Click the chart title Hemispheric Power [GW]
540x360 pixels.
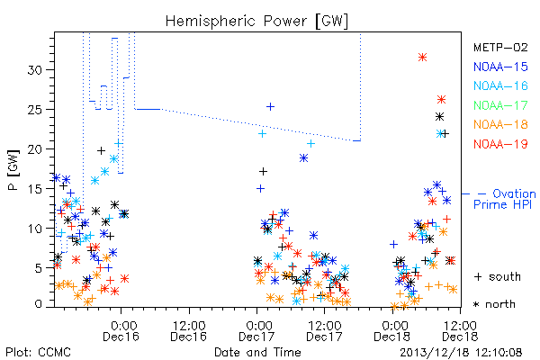[x=256, y=22]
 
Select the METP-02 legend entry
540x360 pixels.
[x=500, y=47]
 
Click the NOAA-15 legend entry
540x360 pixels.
[x=500, y=67]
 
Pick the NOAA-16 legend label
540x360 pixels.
[x=500, y=85]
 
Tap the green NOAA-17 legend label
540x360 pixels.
[x=500, y=105]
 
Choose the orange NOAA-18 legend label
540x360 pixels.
[x=500, y=124]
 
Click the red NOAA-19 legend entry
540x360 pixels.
[x=500, y=144]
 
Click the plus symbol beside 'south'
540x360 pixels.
[x=478, y=276]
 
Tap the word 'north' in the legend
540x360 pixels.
[x=500, y=304]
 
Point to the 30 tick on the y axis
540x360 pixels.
[x=35, y=70]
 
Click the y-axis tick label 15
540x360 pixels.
[x=35, y=189]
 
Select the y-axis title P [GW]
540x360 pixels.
[x=14, y=170]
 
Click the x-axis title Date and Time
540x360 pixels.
[x=257, y=352]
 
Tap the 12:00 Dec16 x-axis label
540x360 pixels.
[x=189, y=331]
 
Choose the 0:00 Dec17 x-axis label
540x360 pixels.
[x=256, y=331]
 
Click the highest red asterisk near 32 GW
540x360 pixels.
[x=423, y=58]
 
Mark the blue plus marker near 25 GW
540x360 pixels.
[x=271, y=107]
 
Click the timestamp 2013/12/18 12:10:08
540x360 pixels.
[x=461, y=353]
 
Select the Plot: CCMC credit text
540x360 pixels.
[x=39, y=353]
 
